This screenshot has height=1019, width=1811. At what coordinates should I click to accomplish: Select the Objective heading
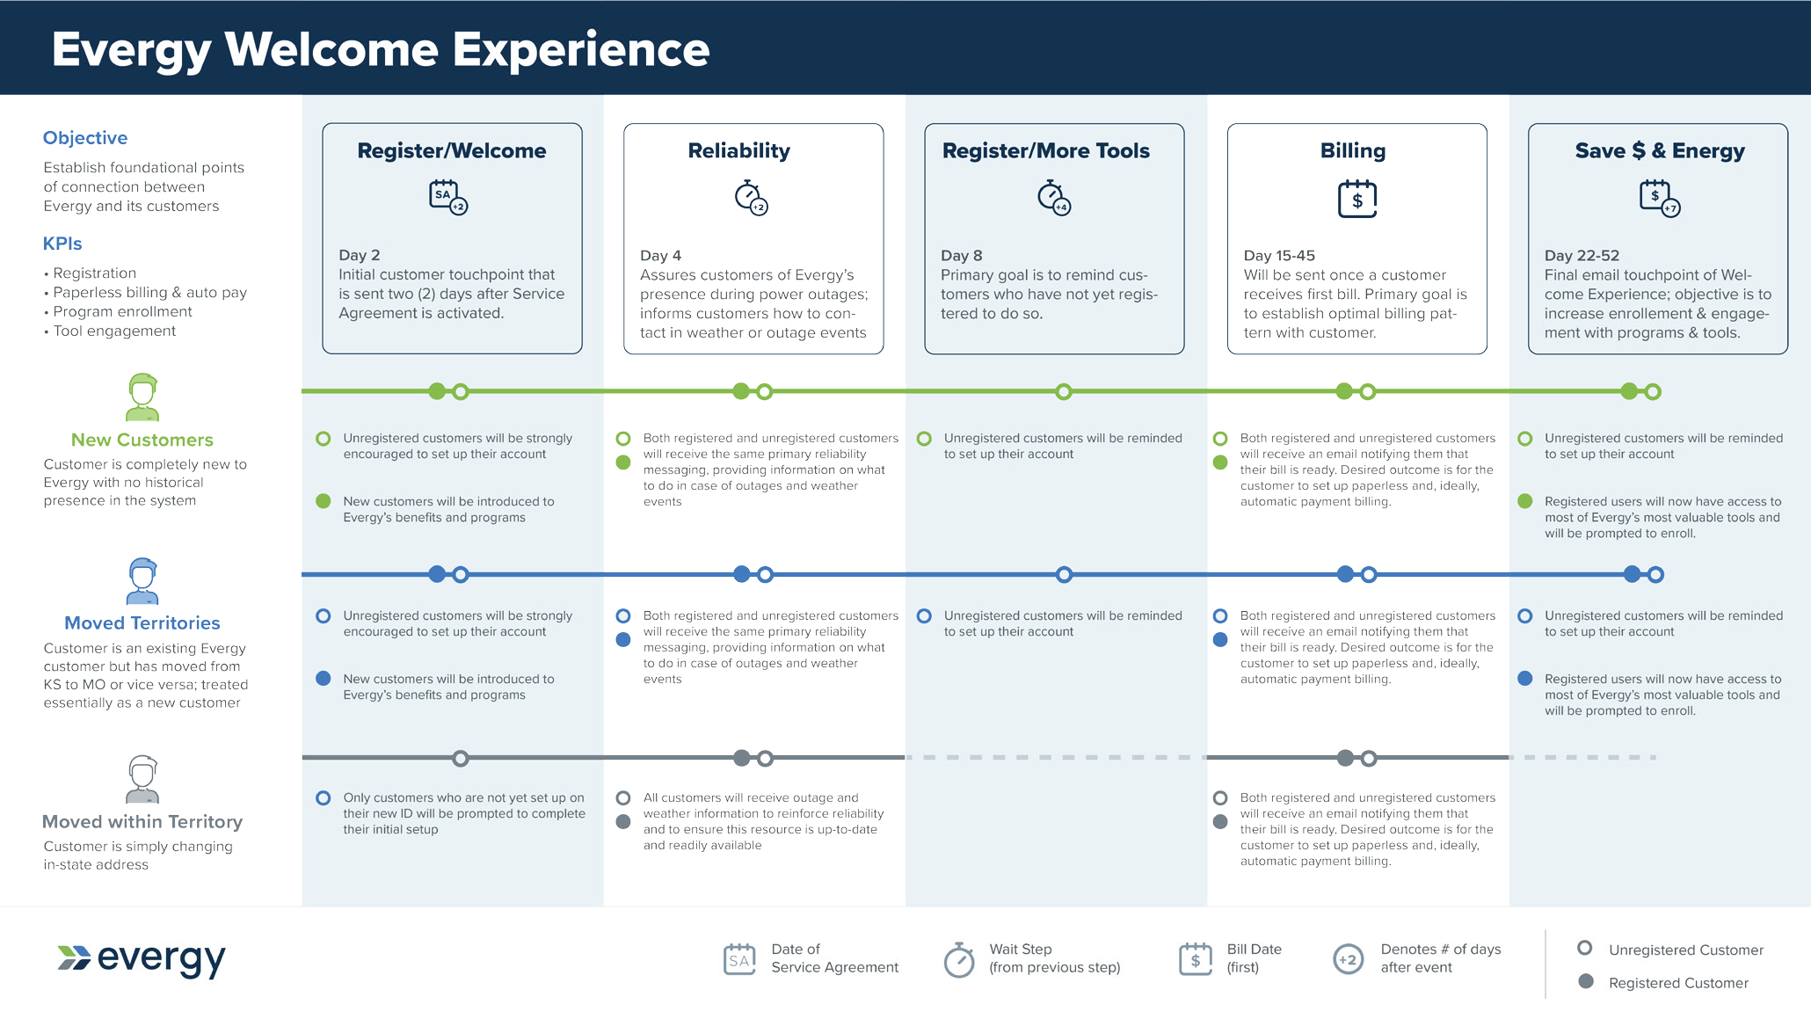coord(85,138)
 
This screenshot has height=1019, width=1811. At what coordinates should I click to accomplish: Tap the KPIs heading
coord(62,244)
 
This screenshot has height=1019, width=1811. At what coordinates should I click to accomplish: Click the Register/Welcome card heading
coord(452,150)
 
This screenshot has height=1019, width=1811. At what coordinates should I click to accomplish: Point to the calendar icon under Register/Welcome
coord(448,197)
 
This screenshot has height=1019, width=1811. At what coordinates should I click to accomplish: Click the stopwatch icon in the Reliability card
coord(751,198)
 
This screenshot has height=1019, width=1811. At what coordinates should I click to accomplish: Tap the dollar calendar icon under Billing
coord(1357,199)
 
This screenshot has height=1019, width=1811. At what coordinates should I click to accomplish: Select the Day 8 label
coord(962,255)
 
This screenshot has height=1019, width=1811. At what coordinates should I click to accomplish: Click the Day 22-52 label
coord(1582,255)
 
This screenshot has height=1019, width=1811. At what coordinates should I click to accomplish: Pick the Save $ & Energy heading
coord(1660,150)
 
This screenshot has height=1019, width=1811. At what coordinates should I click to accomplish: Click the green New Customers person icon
coord(142,397)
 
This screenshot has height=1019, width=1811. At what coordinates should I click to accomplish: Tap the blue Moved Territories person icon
coord(142,581)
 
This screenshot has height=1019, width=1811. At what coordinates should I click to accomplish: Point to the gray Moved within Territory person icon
coord(142,779)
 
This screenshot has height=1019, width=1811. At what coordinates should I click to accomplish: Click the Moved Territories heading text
coord(142,622)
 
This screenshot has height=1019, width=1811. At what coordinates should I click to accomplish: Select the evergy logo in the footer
coord(142,959)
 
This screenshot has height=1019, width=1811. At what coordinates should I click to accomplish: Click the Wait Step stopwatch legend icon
coord(959,959)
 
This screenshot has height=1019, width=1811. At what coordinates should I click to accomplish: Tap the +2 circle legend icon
coord(1348,959)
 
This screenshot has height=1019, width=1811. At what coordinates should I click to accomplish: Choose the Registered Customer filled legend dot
coord(1586,981)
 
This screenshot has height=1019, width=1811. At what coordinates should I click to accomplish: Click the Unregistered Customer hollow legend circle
coord(1585,948)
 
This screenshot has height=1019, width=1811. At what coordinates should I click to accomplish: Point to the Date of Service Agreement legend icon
coord(739,959)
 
